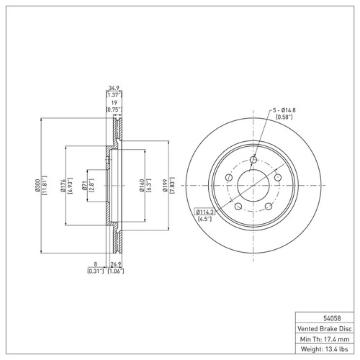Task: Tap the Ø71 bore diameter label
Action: click(84, 186)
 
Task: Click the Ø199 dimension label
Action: click(166, 186)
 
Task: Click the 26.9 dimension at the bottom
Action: click(116, 265)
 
